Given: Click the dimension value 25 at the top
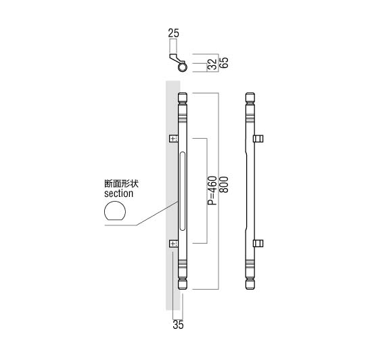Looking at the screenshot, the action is pos(173,33).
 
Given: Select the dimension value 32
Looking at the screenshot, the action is pos(212,64).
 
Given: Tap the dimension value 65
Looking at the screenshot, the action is pos(224,62).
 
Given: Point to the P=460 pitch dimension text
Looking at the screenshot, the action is pos(212,190).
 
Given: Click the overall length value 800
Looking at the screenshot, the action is pos(224,185).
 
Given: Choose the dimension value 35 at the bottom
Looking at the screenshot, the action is pos(178,325).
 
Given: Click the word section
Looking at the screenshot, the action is pos(119,194).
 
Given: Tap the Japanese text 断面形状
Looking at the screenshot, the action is pos(121,183).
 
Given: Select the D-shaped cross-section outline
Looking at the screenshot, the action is pos(115,211).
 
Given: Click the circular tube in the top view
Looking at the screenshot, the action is pos(182,68).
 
